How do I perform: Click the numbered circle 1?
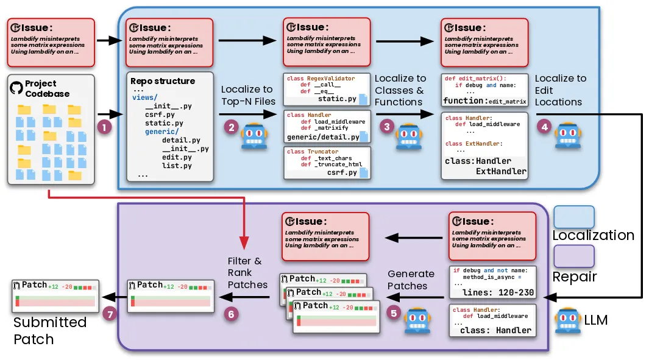(x=104, y=128)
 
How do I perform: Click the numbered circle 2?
(x=231, y=127)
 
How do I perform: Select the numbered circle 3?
(x=386, y=126)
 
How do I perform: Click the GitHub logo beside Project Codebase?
(x=16, y=88)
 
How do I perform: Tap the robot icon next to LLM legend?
(x=567, y=320)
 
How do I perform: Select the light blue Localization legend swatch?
(x=573, y=217)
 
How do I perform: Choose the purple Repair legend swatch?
(x=573, y=256)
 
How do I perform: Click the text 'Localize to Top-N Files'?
(x=247, y=95)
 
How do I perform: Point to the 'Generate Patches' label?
(x=411, y=280)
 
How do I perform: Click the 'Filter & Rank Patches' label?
(x=247, y=273)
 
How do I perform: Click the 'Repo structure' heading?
(x=163, y=81)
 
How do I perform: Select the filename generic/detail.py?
(x=322, y=137)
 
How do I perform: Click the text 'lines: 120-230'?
(x=498, y=292)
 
